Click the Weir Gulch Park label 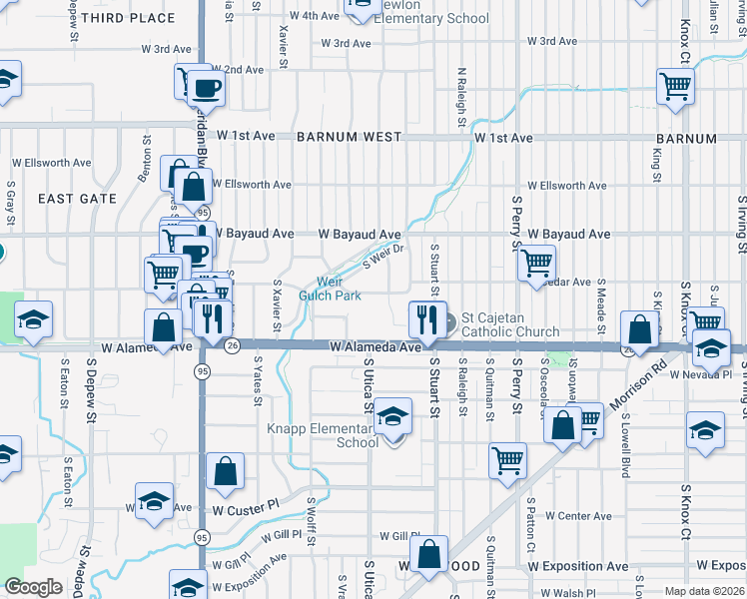(331, 289)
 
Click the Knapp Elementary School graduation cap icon (393, 416)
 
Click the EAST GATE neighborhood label (78, 199)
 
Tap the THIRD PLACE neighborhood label (137, 18)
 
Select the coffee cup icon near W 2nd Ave (207, 88)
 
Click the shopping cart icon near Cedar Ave (537, 263)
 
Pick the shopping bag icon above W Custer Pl (226, 471)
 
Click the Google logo (34, 587)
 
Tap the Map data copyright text (705, 591)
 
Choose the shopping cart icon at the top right (675, 87)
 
